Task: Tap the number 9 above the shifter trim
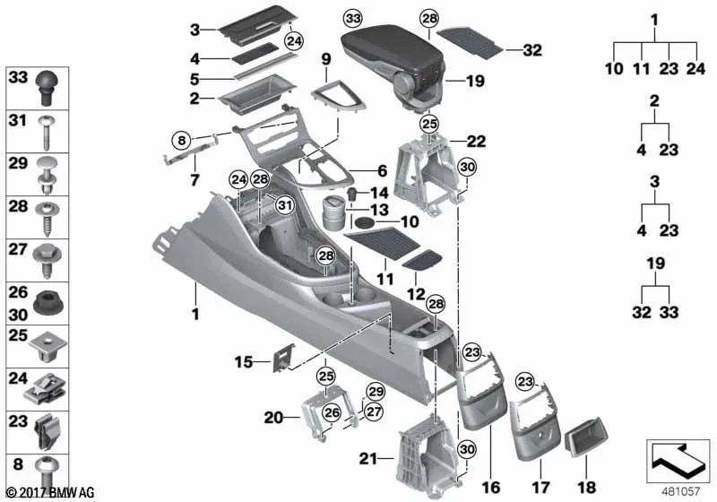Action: pos(325,60)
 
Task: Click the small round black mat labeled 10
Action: pos(364,221)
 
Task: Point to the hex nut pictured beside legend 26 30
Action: pos(48,302)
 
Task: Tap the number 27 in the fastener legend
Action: pos(18,250)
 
